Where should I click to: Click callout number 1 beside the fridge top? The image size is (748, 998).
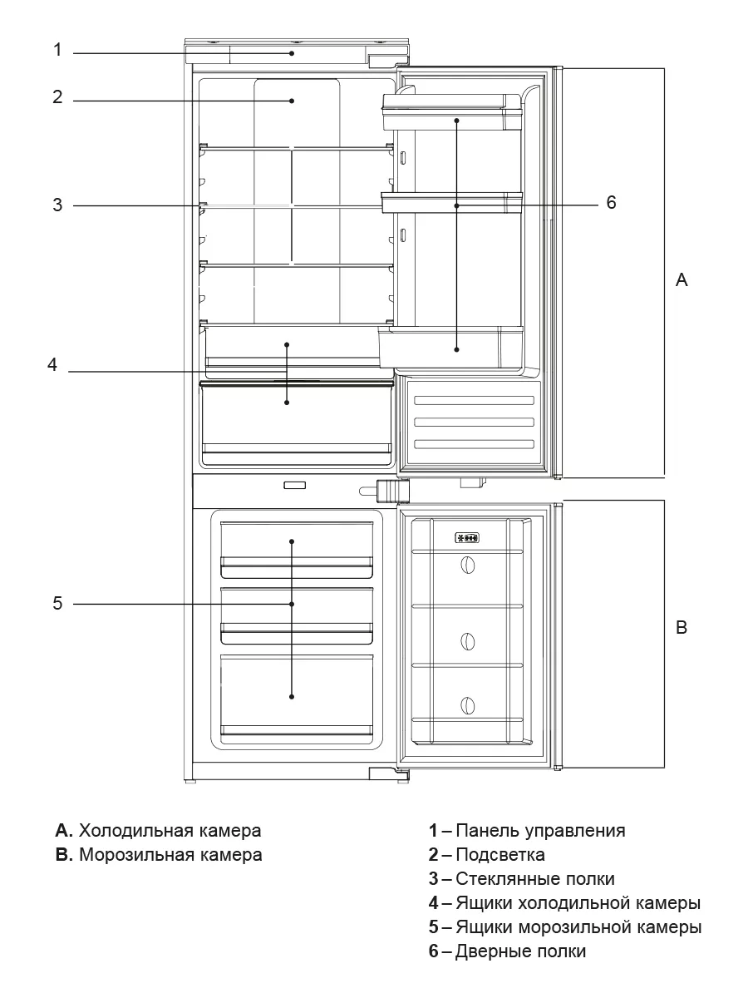57,50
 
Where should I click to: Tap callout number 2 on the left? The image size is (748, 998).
57,97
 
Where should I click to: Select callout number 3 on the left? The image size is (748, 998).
57,205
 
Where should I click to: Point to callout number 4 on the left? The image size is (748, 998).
52,365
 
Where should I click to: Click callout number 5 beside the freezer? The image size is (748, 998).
57,603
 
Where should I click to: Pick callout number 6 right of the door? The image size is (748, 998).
611,202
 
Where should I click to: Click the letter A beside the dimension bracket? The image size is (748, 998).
682,280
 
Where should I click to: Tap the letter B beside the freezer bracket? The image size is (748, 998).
682,628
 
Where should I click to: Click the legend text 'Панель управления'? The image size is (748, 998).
540,830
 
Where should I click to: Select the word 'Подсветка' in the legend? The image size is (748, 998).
500,854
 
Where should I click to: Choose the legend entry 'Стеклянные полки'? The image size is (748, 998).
535,878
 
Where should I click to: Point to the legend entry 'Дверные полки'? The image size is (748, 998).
520,951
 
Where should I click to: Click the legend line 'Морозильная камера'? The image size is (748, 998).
170,854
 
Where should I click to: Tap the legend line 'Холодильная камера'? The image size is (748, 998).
170,830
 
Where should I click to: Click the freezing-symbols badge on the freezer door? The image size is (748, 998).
467,538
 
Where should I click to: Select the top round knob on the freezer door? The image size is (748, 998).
468,566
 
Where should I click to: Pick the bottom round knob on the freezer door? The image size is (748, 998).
468,705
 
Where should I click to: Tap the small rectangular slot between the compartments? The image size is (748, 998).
294,485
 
